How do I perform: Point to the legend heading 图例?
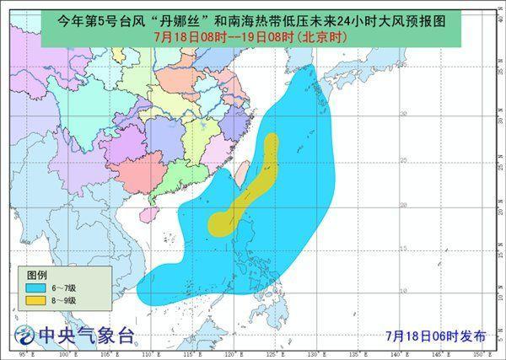[x=37, y=276]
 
